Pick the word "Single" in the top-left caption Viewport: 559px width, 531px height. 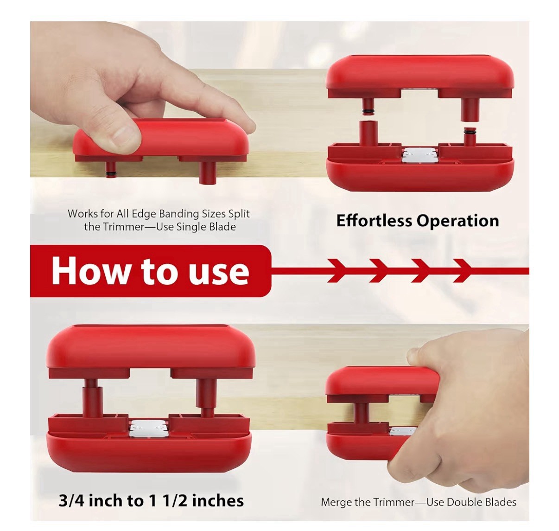click(x=191, y=227)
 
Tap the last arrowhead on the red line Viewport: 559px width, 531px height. click(x=463, y=271)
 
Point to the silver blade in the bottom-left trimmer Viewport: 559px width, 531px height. click(x=148, y=428)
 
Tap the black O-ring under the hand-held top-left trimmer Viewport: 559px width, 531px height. click(x=109, y=173)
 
